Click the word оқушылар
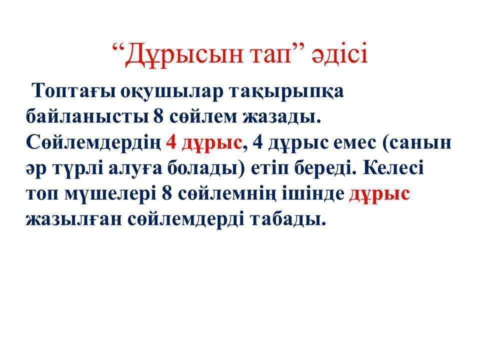(x=171, y=91)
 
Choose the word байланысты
(x=87, y=117)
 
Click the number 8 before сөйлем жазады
(x=158, y=116)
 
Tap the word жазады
(x=281, y=117)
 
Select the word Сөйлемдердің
(x=93, y=143)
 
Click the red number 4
(x=171, y=142)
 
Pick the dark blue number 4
(x=258, y=142)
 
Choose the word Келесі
(x=393, y=168)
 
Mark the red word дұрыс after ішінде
(x=379, y=194)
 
